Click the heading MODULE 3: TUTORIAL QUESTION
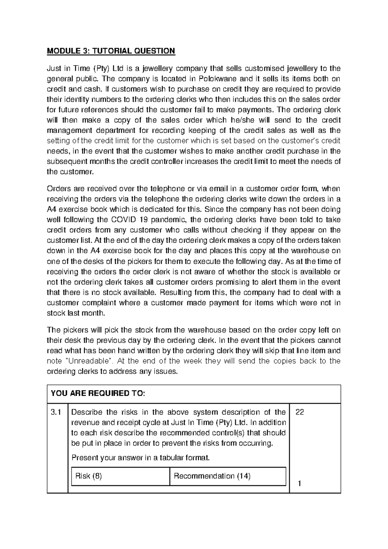coord(111,51)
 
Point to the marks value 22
coord(300,412)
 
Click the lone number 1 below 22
coord(299,484)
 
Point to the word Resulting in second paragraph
coord(176,293)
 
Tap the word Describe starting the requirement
coord(86,412)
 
